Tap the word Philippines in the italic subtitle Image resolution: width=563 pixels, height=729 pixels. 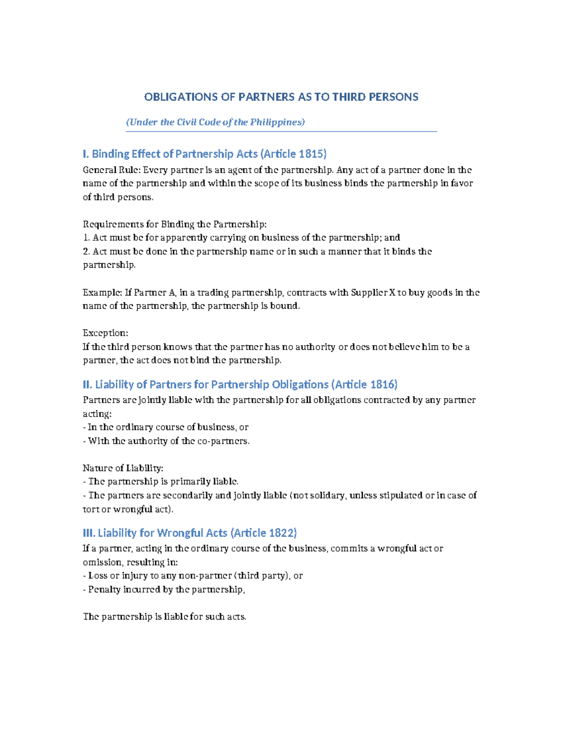277,122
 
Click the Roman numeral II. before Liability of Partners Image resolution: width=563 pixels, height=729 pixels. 87,384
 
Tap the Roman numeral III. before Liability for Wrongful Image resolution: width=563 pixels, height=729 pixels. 89,533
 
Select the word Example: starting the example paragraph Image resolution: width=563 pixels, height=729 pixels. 102,292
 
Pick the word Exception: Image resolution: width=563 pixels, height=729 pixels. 105,333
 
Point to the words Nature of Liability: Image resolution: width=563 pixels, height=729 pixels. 123,468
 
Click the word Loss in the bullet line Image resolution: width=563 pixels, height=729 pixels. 98,576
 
